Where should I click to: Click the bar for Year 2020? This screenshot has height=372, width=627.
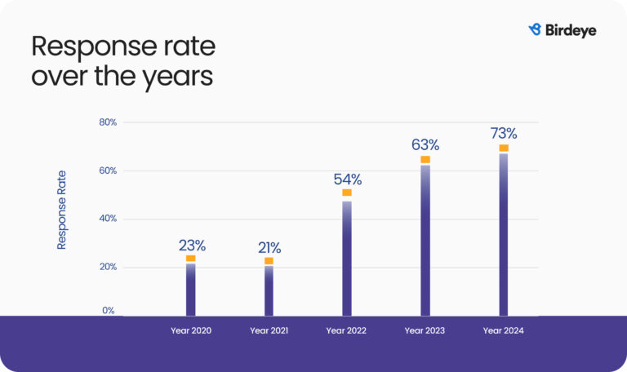coord(190,289)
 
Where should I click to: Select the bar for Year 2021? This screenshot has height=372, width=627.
coord(269,290)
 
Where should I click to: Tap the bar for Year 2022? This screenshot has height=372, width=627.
coord(347,258)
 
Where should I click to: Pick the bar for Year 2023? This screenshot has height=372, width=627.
coord(425,240)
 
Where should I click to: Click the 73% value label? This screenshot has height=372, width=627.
coord(504,133)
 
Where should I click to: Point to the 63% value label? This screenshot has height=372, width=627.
coord(425,145)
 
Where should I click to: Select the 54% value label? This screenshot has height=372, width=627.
coord(347,179)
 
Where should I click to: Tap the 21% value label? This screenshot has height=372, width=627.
coord(269,247)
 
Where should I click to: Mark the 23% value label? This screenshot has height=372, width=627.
coord(193,245)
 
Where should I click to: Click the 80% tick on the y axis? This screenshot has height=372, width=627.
coord(109,122)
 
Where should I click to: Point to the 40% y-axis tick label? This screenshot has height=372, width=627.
coord(109,219)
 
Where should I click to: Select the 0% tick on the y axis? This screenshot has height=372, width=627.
coord(109,311)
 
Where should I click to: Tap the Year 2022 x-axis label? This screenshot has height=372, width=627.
coord(346,330)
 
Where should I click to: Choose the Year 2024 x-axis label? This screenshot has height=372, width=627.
coord(503,330)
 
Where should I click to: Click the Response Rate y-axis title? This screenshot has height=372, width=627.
coord(62,210)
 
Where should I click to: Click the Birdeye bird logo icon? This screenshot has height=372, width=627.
coord(536,29)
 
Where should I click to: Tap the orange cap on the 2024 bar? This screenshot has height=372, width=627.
coord(504,148)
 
